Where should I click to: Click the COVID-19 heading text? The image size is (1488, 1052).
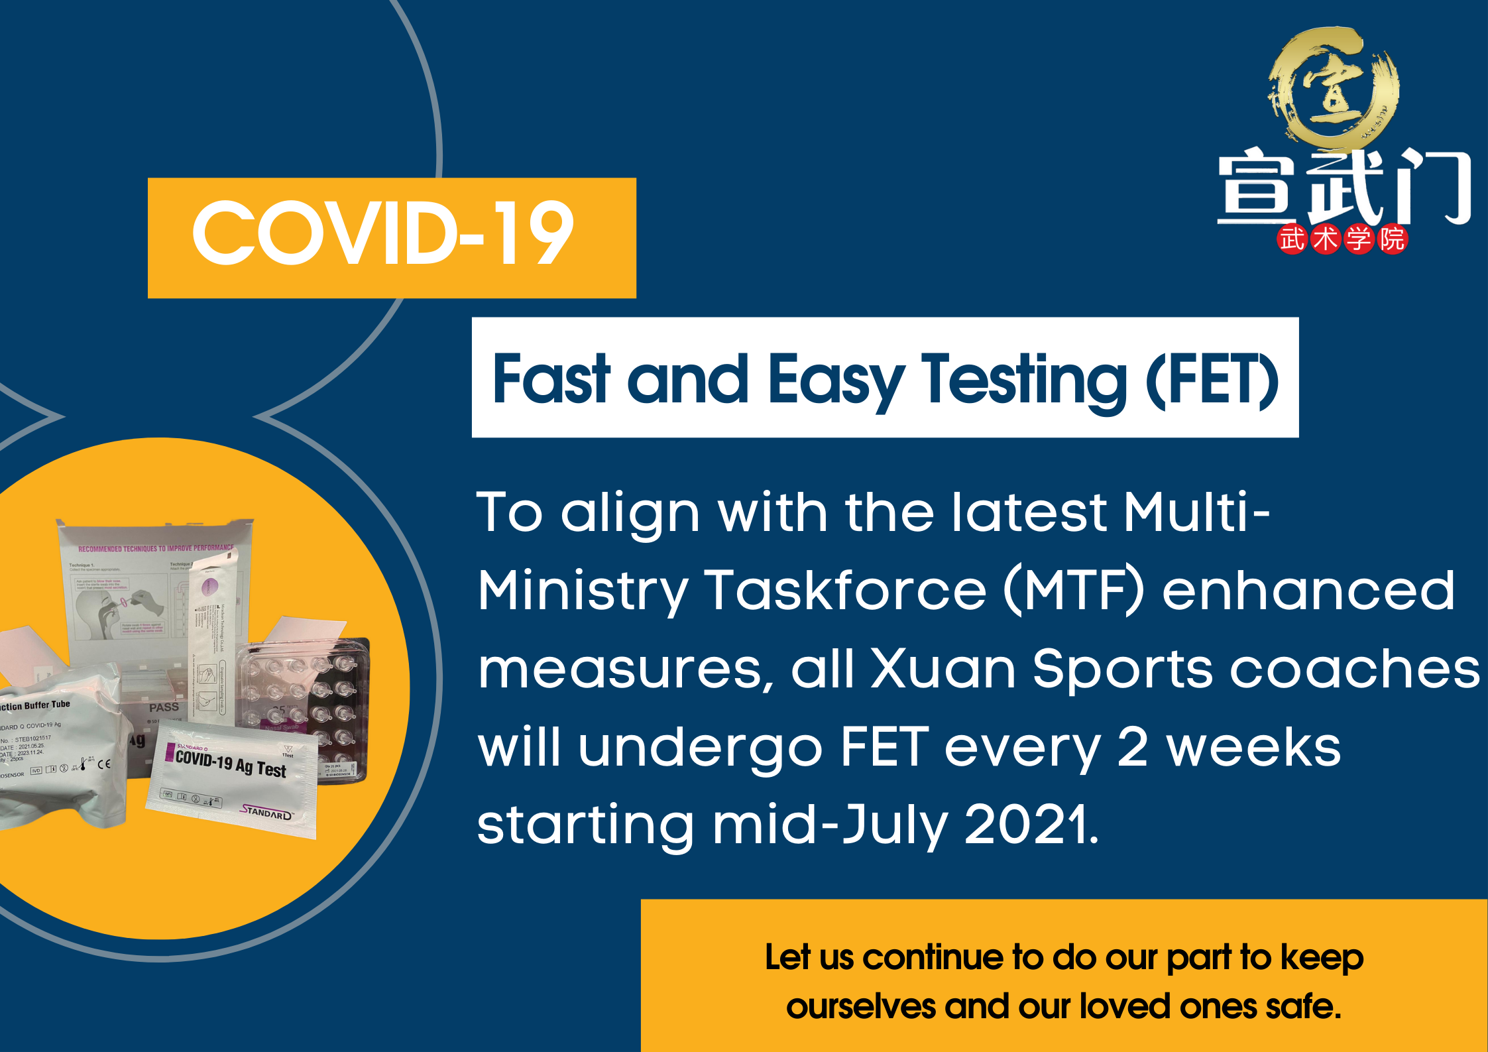tap(383, 233)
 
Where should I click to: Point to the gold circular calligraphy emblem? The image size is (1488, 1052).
tap(1334, 86)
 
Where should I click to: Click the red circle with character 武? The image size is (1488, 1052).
tap(1292, 239)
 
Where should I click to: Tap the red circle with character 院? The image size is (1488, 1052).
tap(1391, 239)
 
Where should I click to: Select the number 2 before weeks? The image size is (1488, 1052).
tap(1133, 747)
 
